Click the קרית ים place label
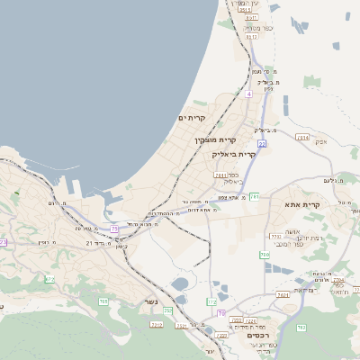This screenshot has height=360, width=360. click(x=192, y=118)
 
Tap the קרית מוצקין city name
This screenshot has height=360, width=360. click(x=214, y=140)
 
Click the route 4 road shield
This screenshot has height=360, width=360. click(x=248, y=94)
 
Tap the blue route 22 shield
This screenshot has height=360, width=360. click(x=262, y=143)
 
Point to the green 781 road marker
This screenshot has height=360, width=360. click(x=255, y=196)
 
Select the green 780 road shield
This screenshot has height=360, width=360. click(x=265, y=256)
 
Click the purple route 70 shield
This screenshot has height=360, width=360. click(x=220, y=312)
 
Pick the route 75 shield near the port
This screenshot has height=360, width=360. click(x=114, y=229)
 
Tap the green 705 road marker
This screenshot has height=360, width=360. click(x=168, y=310)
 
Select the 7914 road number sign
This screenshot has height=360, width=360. click(x=302, y=138)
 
